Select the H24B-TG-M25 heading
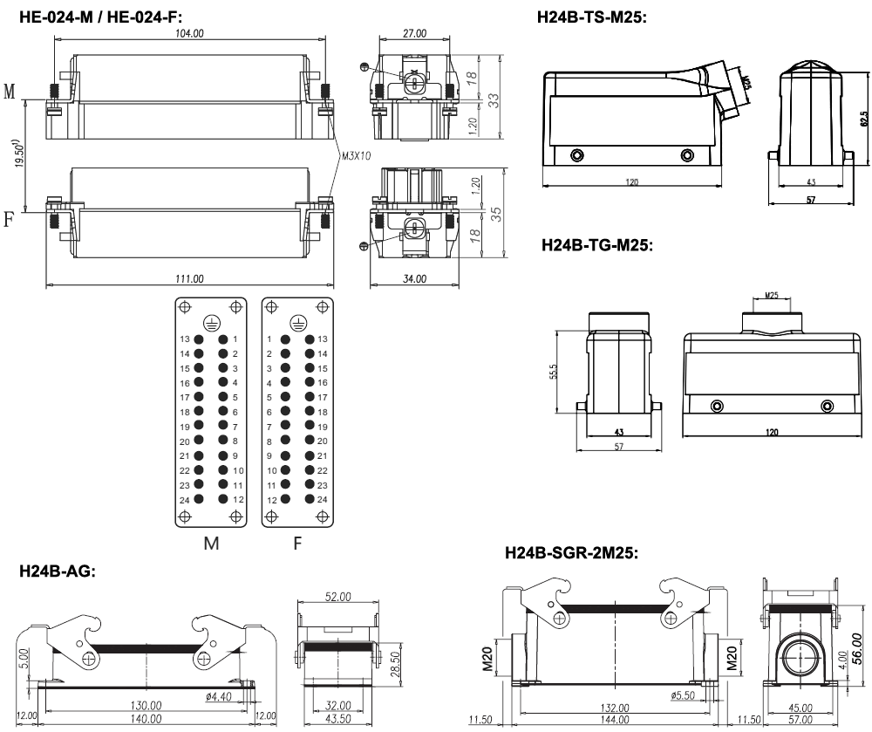click(595, 247)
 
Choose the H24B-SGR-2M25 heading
click(575, 553)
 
